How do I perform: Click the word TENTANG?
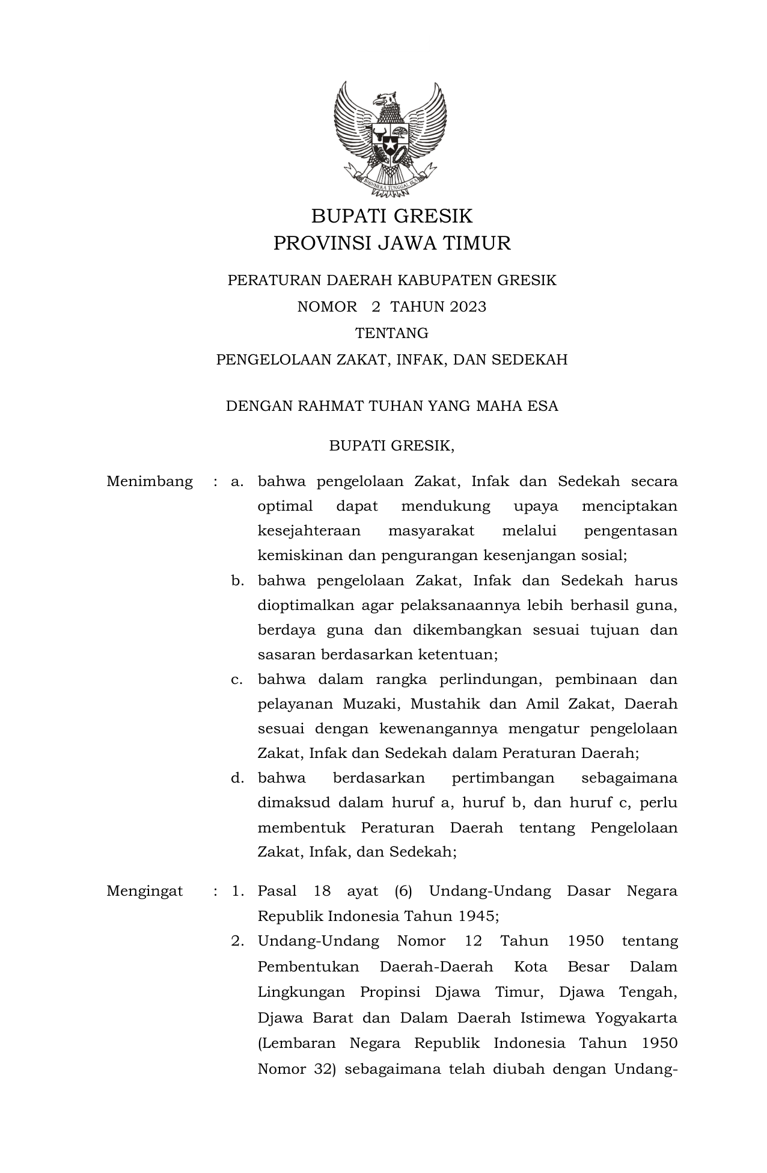pos(391,333)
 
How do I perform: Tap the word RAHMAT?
pos(325,407)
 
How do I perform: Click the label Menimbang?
pos(150,482)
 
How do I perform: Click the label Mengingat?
pos(145,891)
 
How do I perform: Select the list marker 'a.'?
pos(237,482)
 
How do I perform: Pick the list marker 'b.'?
pos(237,581)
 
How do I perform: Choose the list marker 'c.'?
pos(237,680)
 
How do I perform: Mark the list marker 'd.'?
pos(237,778)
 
